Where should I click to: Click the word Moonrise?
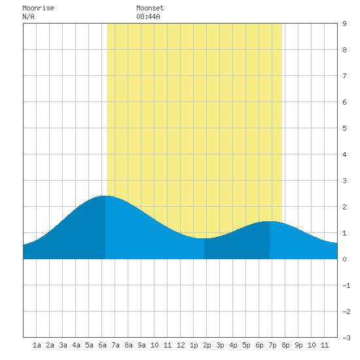pyautogui.click(x=38, y=9)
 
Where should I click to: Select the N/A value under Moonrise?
pyautogui.click(x=28, y=16)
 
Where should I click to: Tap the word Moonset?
pyautogui.click(x=150, y=9)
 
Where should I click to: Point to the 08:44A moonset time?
pyautogui.click(x=148, y=16)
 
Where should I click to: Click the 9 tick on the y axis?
pyautogui.click(x=344, y=24)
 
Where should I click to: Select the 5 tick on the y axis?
pyautogui.click(x=344, y=128)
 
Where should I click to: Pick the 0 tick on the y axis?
pyautogui.click(x=344, y=259)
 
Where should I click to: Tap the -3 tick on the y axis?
pyautogui.click(x=346, y=338)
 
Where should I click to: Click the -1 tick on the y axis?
pyautogui.click(x=346, y=285)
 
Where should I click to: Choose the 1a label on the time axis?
pyautogui.click(x=37, y=345)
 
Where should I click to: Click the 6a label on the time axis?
pyautogui.click(x=102, y=345)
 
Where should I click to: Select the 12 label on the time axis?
pyautogui.click(x=181, y=345)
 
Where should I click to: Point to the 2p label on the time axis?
pyautogui.click(x=207, y=345)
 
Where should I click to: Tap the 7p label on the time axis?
pyautogui.click(x=272, y=345)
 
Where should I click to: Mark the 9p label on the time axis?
pyautogui.click(x=298, y=345)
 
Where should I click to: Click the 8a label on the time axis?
pyautogui.click(x=128, y=345)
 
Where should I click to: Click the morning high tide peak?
pyautogui.click(x=105, y=196)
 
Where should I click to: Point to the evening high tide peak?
pyautogui.click(x=270, y=221)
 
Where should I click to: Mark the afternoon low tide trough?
pyautogui.click(x=204, y=238)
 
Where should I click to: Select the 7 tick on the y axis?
pyautogui.click(x=344, y=76)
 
